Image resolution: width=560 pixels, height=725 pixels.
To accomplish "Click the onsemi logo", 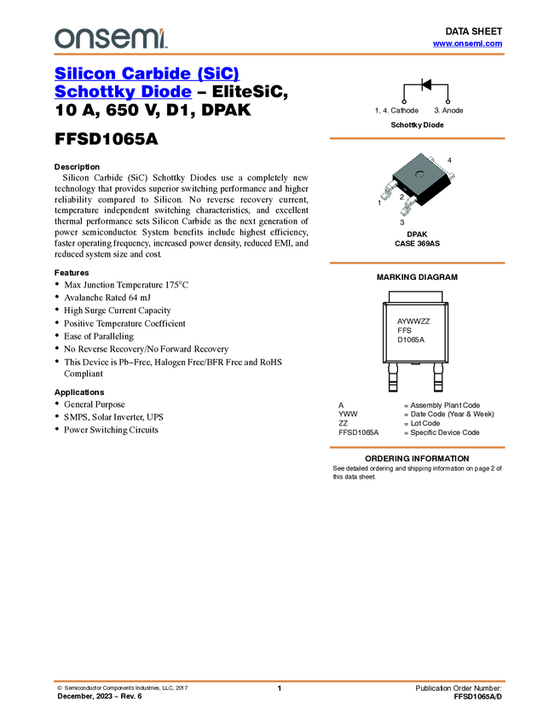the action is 111,38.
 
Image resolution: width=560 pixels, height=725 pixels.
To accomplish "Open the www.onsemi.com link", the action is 467,43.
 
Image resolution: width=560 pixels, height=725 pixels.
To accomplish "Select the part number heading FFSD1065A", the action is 107,139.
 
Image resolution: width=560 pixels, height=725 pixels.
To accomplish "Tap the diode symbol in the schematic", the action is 426,84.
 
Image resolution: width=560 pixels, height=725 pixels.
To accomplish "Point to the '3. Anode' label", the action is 448,111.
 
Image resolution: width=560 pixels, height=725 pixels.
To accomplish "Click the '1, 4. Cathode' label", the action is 396,111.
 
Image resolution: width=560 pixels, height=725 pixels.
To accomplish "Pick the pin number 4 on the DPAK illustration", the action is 449,160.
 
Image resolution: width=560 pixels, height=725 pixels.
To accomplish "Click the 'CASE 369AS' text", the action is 417,244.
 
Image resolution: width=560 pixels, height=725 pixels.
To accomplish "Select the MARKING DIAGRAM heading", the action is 417,277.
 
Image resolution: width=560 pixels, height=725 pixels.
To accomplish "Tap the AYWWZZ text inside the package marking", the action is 413,322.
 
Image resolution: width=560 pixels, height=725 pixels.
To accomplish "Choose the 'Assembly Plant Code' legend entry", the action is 445,405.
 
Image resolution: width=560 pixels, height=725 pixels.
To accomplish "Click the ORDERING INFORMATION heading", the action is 417,459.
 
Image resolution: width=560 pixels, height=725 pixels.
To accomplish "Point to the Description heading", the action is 78,167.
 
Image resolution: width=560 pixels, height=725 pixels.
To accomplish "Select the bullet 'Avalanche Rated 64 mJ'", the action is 107,298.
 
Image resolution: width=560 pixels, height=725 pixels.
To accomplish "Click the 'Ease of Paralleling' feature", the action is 99,336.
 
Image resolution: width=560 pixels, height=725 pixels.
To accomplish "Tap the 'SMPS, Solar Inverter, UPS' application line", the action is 113,417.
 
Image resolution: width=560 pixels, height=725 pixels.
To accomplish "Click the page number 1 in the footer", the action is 280,688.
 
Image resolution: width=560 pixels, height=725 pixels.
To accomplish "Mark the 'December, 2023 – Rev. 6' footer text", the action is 100,696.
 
